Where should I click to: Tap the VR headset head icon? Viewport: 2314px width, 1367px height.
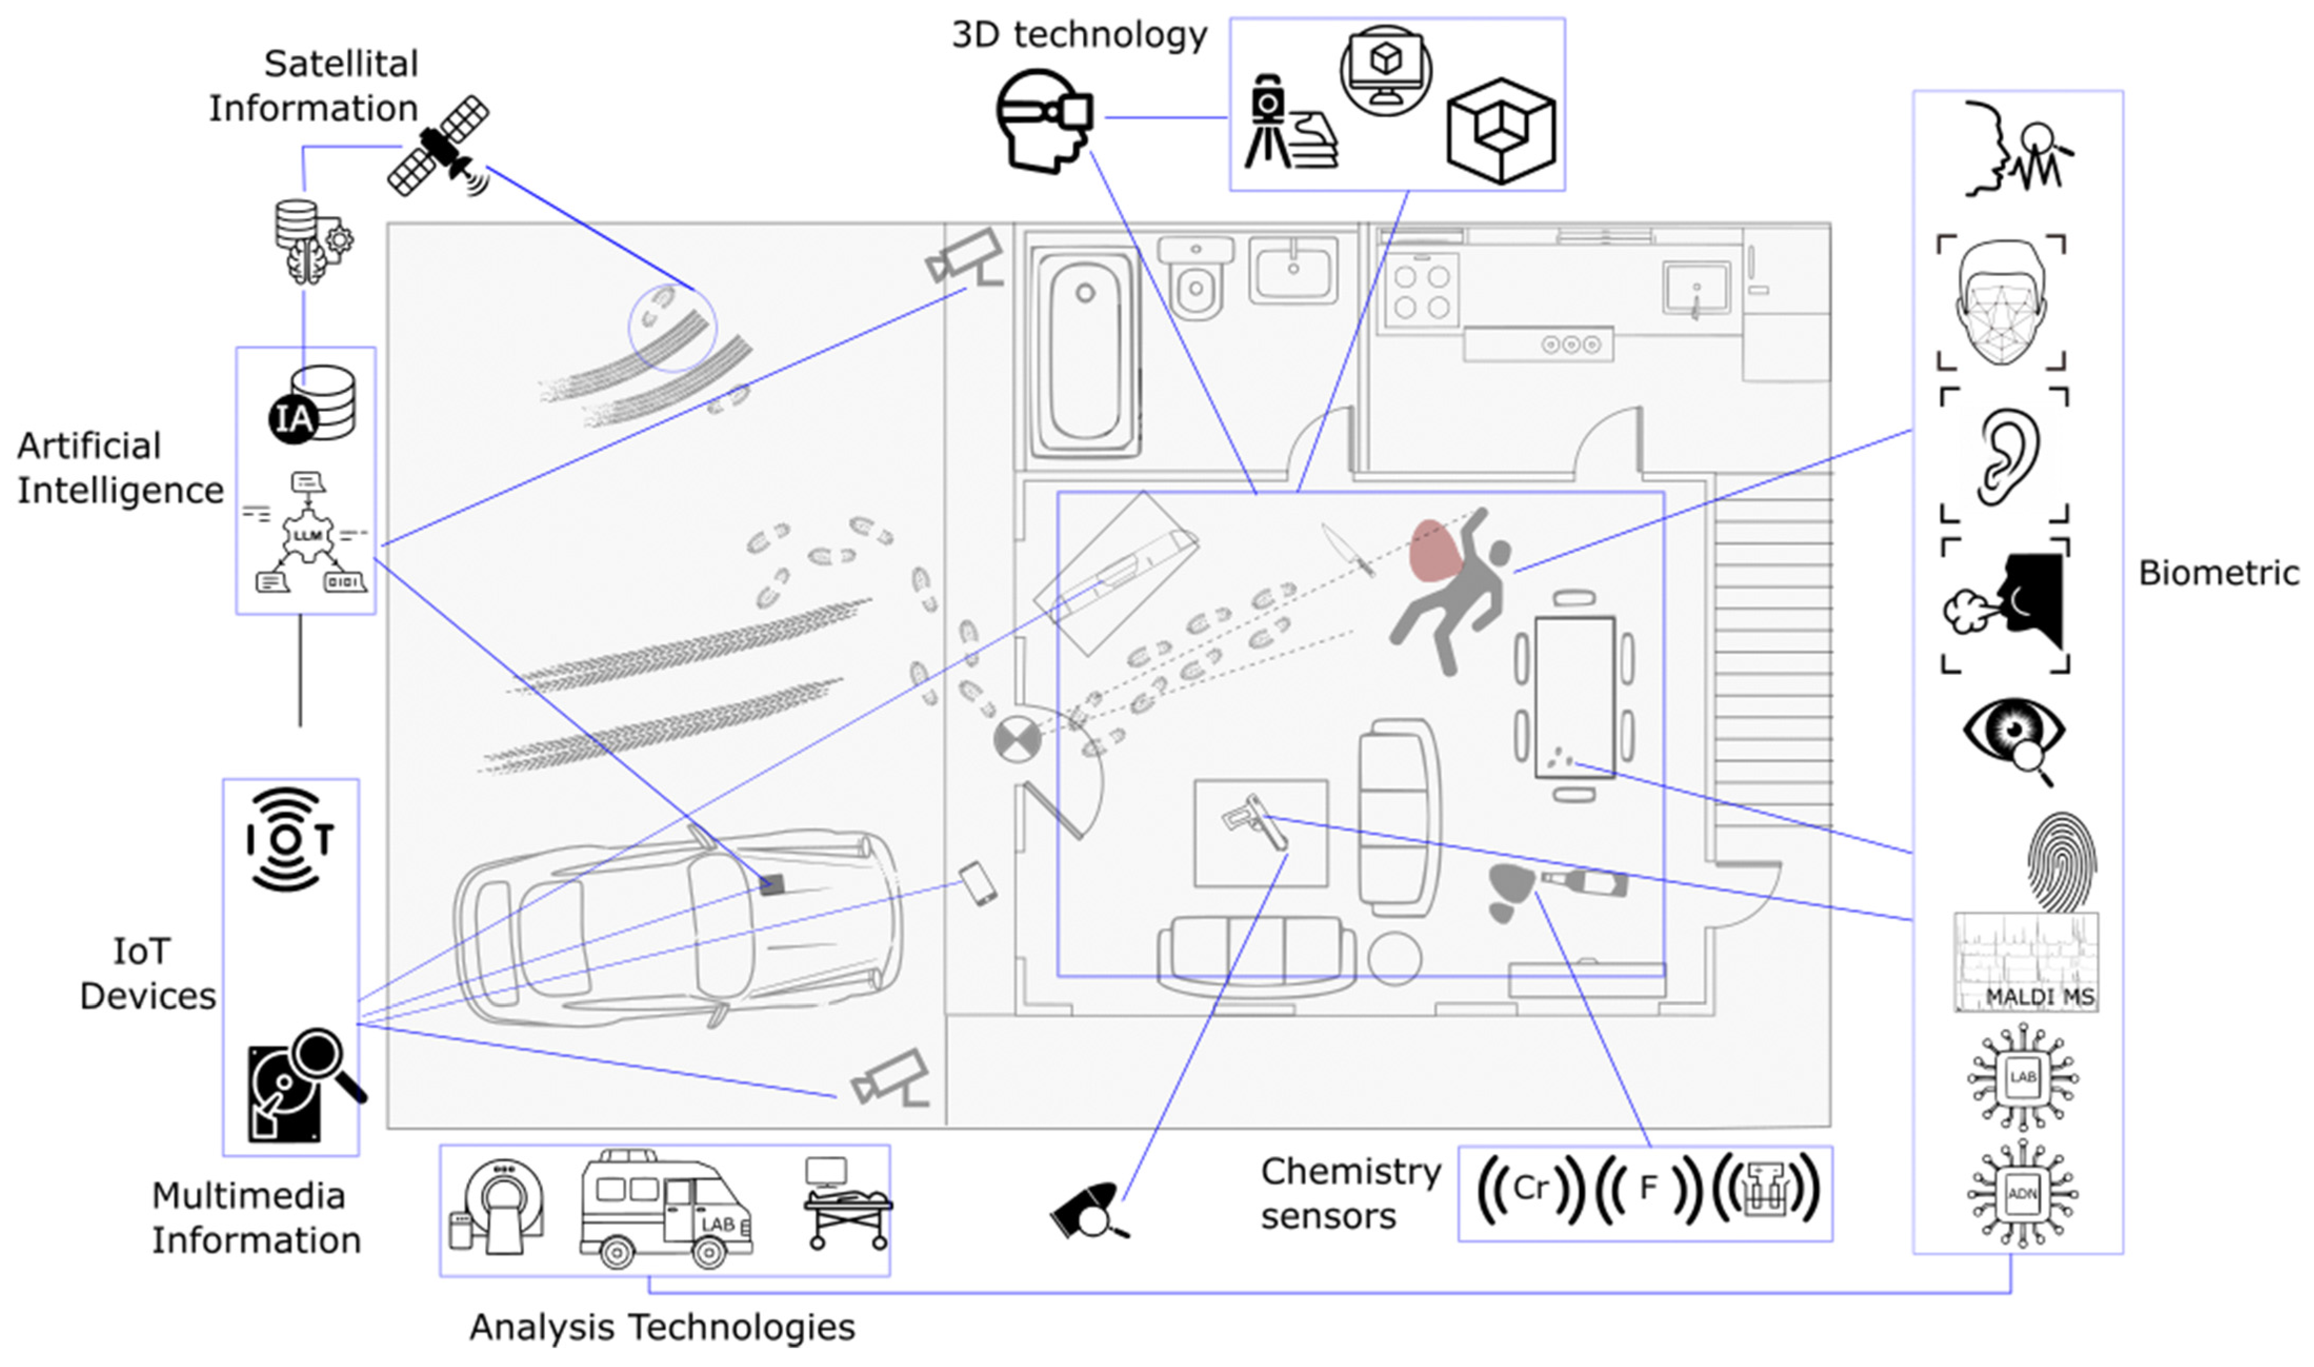coord(1044,120)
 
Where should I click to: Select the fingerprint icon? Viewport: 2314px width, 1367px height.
coord(2061,862)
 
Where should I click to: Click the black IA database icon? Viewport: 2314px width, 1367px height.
coord(311,406)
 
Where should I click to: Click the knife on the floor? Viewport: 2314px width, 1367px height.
coord(1347,550)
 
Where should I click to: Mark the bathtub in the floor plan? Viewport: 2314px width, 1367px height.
coord(1085,353)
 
